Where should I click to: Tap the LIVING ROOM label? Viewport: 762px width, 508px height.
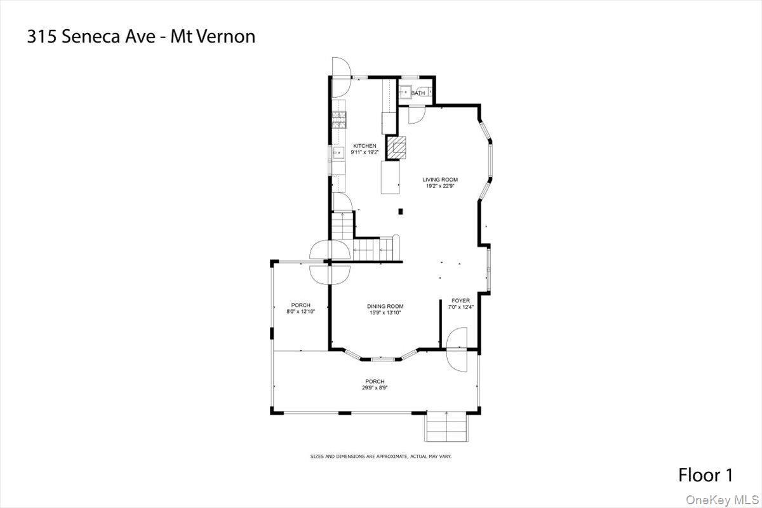coord(440,180)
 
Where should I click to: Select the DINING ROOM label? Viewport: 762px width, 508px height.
coord(385,307)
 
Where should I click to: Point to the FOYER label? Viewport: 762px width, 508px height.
coord(460,300)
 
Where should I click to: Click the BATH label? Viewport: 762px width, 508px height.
coord(418,94)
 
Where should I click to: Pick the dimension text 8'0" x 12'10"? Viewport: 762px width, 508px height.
coord(300,312)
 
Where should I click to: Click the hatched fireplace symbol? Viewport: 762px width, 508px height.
coord(398,149)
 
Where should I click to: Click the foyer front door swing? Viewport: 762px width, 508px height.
coord(457,349)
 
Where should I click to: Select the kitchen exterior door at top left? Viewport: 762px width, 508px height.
coord(340,67)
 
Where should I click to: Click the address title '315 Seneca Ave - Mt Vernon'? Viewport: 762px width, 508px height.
coord(141,37)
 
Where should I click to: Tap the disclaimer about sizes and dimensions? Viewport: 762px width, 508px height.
coord(380,456)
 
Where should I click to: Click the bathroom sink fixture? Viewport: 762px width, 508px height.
coord(403,93)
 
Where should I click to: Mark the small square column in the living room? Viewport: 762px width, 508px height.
coord(400,211)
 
